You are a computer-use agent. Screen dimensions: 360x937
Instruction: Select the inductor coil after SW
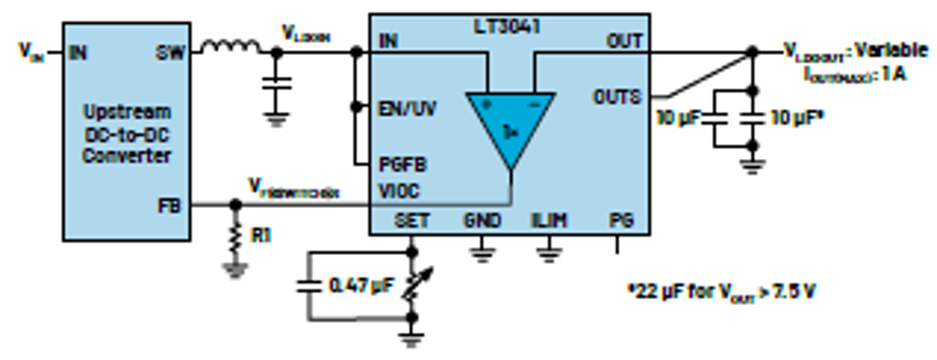click(231, 45)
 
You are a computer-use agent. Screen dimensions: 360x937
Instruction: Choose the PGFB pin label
click(401, 163)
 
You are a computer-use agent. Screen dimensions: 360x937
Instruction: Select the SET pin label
click(412, 220)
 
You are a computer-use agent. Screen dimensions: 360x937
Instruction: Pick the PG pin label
click(618, 220)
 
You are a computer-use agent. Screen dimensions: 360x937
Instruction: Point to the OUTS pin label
click(616, 96)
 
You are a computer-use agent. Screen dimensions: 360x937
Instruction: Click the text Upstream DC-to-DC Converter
click(127, 133)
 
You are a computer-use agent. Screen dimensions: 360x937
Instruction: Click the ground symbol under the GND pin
click(481, 254)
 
